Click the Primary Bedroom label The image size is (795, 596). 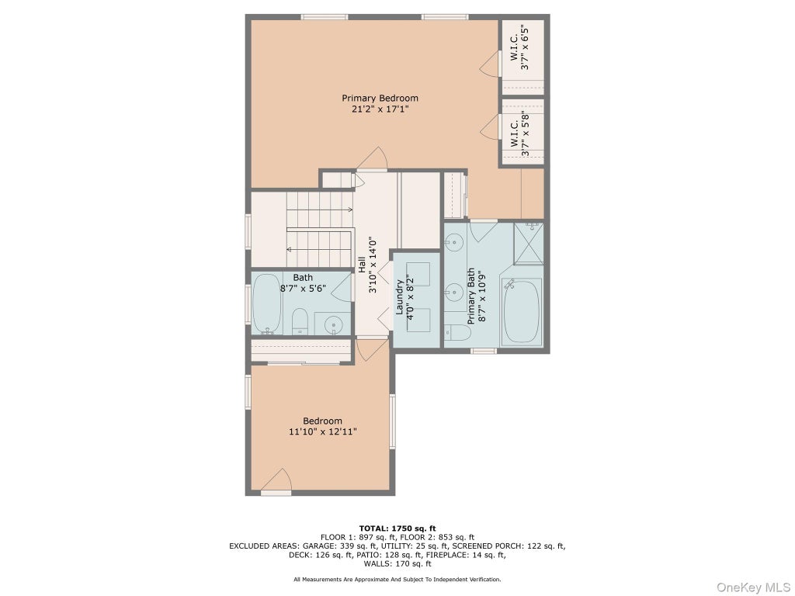(380, 99)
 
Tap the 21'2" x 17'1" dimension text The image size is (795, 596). (380, 109)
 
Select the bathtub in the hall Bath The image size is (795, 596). (267, 304)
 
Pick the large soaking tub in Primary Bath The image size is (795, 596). (521, 312)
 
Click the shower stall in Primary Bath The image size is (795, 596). (529, 243)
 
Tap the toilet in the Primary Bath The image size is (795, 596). (458, 332)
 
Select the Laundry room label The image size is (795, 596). (399, 297)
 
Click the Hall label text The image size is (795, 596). (362, 265)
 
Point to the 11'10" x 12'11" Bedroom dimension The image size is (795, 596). (323, 432)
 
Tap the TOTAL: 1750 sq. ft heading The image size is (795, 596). (397, 528)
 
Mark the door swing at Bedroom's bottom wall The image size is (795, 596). (276, 480)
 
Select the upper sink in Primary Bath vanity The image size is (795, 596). (455, 242)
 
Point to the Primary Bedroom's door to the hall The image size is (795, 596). (373, 158)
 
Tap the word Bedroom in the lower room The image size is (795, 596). (322, 421)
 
